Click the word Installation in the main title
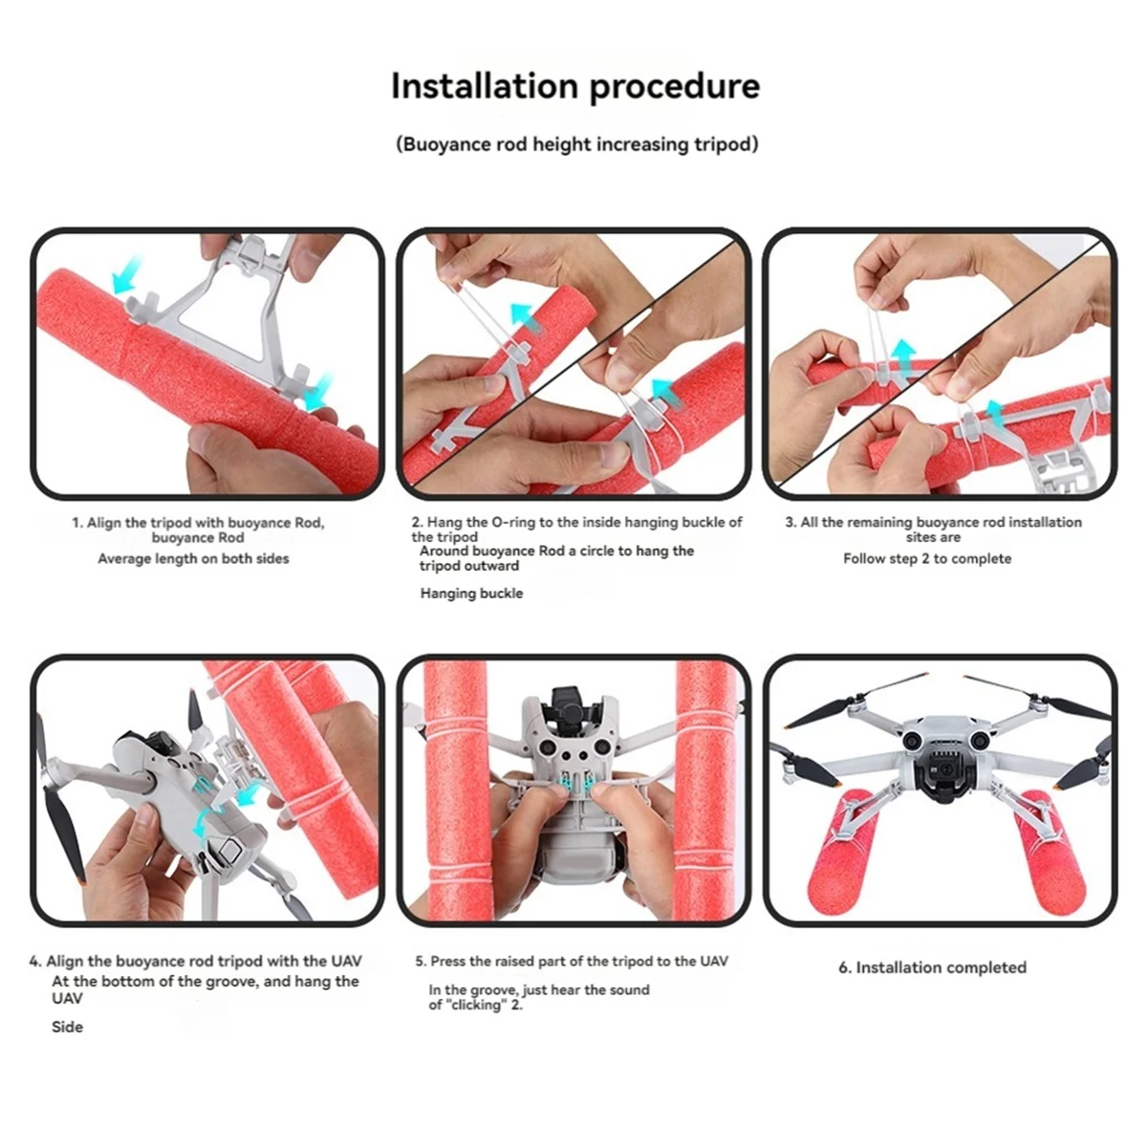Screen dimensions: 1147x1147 484,86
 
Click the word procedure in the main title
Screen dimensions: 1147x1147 675,88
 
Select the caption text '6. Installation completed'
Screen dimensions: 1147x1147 932,967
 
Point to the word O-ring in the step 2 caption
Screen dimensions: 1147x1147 513,522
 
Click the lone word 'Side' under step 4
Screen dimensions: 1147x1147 67,1027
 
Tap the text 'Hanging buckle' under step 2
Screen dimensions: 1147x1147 471,594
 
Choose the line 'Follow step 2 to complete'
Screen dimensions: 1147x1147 927,559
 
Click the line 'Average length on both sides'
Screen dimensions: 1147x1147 193,559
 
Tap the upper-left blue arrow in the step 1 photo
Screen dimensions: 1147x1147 127,275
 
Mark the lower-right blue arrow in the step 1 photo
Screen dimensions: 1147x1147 320,392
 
